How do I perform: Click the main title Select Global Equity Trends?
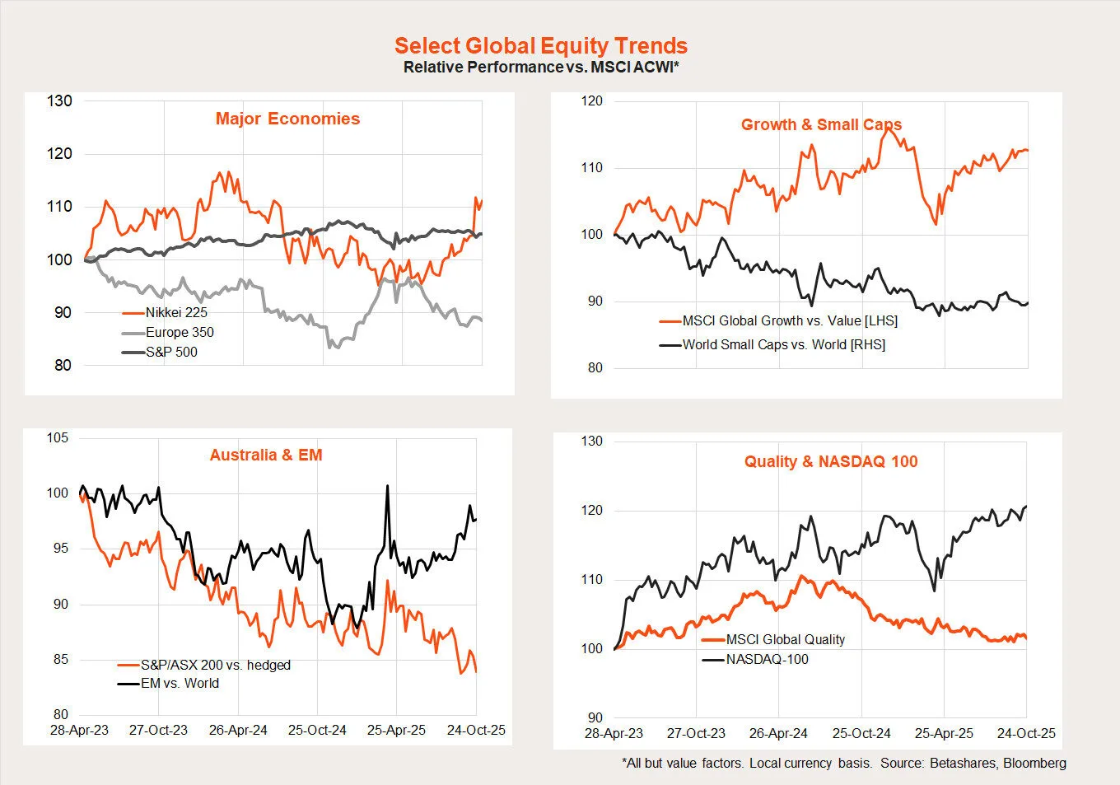point(540,46)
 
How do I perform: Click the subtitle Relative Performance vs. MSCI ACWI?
point(540,68)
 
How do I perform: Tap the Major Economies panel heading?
point(287,119)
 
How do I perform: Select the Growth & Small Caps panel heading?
point(821,124)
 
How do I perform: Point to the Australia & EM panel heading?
point(266,455)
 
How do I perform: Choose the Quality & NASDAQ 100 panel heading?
point(831,461)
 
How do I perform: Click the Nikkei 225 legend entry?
point(176,312)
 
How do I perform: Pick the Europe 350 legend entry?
point(180,332)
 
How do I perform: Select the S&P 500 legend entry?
point(171,352)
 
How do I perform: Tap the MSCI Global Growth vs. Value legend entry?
point(790,320)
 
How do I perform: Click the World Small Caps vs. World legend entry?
point(783,344)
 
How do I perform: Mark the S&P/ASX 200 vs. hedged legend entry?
point(215,665)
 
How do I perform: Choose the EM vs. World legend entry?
point(180,683)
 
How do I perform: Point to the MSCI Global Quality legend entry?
point(785,639)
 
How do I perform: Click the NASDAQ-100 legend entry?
point(767,659)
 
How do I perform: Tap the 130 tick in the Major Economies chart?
point(59,101)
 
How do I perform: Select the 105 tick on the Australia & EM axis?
point(58,437)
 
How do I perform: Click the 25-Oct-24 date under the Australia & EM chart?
point(317,730)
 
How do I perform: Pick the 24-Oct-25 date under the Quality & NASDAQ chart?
point(1026,733)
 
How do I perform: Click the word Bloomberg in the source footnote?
point(1034,763)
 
